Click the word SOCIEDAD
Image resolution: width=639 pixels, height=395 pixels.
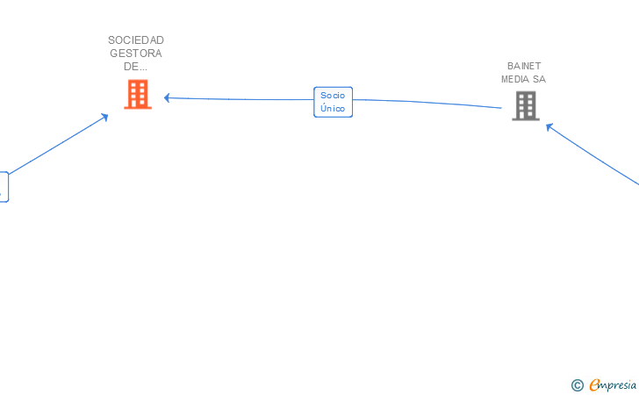136,39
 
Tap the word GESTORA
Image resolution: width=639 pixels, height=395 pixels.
136,54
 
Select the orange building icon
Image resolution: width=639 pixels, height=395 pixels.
138,94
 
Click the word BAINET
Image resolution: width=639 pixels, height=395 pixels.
525,66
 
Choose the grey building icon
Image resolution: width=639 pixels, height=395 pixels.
526,106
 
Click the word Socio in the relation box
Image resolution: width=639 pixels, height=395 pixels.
333,95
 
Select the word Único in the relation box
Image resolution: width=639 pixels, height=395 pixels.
333,109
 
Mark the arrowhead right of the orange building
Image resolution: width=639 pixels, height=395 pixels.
167,97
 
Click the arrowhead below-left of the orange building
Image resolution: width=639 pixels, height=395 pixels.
104,116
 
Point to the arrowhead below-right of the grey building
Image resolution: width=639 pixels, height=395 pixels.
549,126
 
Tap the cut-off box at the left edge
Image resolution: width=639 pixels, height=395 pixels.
4,187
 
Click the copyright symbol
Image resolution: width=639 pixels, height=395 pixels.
577,384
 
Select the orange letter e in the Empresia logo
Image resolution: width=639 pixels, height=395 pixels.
595,384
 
